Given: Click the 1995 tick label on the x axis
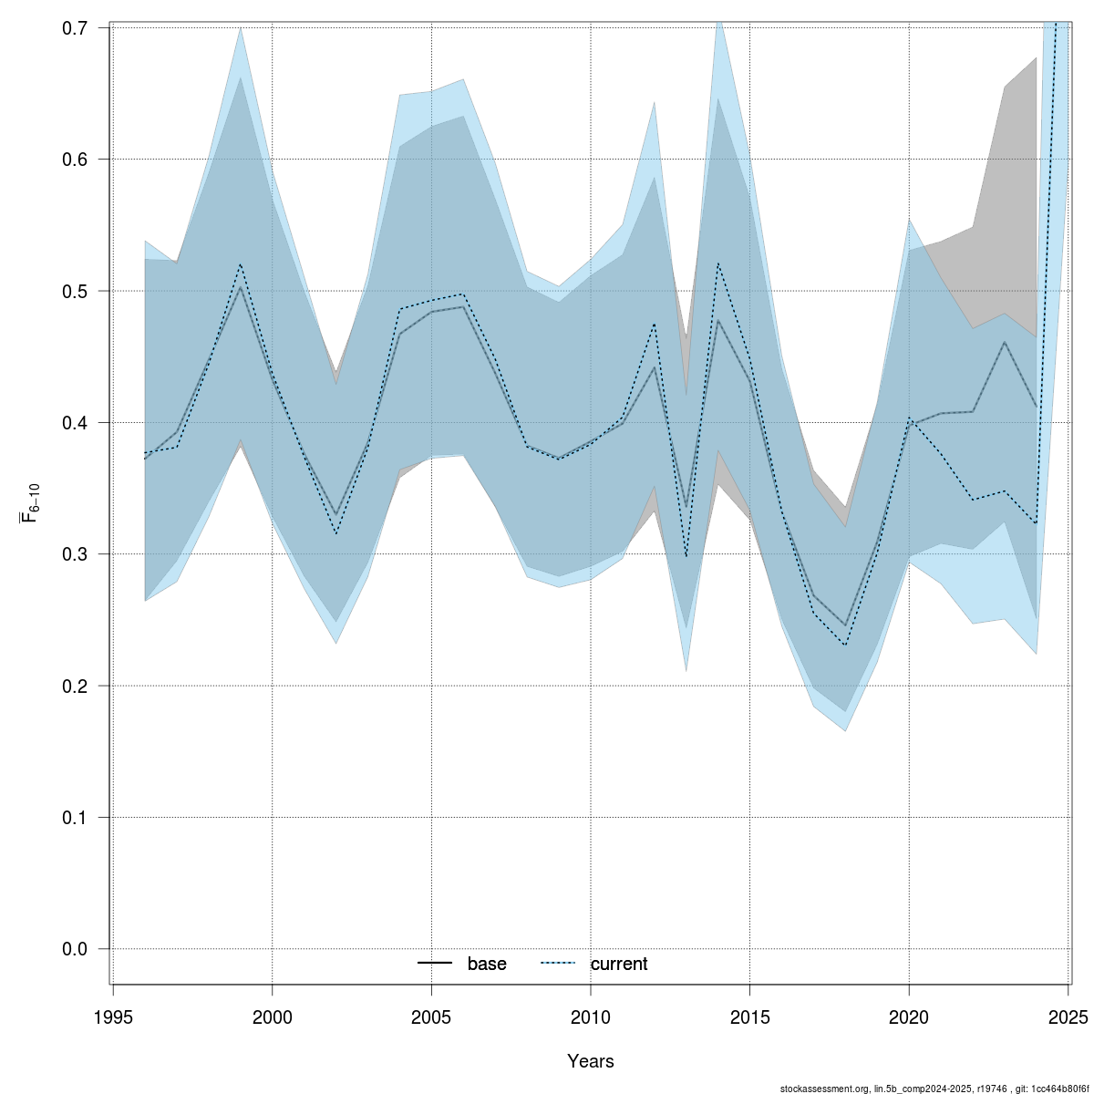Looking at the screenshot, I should [x=113, y=1017].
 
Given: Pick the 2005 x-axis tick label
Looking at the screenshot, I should [x=431, y=1017].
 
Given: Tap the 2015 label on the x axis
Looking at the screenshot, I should [x=749, y=1017].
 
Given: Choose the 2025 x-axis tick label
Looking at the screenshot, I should [x=1068, y=1017].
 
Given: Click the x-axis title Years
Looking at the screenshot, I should [x=590, y=1061].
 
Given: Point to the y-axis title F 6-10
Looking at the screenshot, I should [x=29, y=505].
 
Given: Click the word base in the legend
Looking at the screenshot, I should [x=487, y=964].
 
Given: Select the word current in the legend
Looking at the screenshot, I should [x=618, y=964].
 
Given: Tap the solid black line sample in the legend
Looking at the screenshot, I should [x=436, y=964].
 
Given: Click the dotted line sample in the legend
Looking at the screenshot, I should [x=559, y=964].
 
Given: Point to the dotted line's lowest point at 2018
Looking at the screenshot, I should [x=845, y=645].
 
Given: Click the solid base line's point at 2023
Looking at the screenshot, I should [x=1005, y=342].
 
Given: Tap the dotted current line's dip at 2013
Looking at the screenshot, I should [x=686, y=557].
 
